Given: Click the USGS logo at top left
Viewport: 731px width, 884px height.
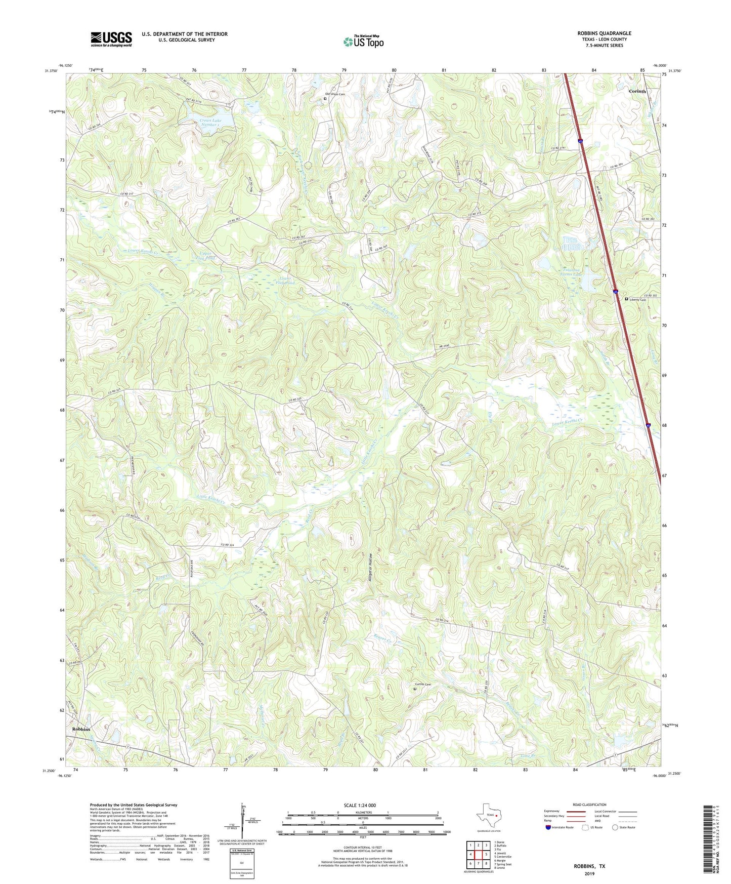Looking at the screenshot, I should coord(111,39).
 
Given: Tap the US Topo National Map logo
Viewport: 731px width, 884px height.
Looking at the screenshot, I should coord(363,42).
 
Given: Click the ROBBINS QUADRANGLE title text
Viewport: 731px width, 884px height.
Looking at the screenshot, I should coord(604,33).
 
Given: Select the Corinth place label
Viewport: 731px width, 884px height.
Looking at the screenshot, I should coord(637,91).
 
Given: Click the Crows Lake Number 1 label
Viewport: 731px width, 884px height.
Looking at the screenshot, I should coord(210,123).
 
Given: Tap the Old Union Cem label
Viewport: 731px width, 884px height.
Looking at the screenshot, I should coord(335,94).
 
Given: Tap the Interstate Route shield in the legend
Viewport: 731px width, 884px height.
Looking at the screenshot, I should coord(548,827).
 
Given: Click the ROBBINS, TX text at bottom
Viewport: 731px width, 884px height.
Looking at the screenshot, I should coord(589,866).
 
